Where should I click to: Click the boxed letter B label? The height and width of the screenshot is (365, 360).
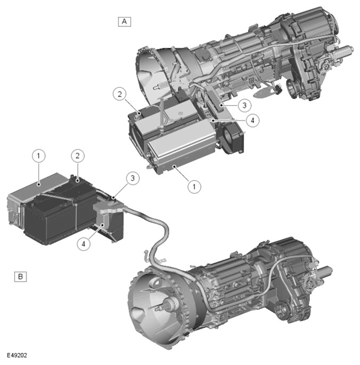(20, 275)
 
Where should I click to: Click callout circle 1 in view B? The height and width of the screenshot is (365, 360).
(39, 155)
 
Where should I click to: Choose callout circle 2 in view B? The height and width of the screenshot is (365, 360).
(77, 155)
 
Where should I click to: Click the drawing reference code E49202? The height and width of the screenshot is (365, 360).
(15, 357)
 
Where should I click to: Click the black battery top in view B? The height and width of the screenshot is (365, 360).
(75, 182)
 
